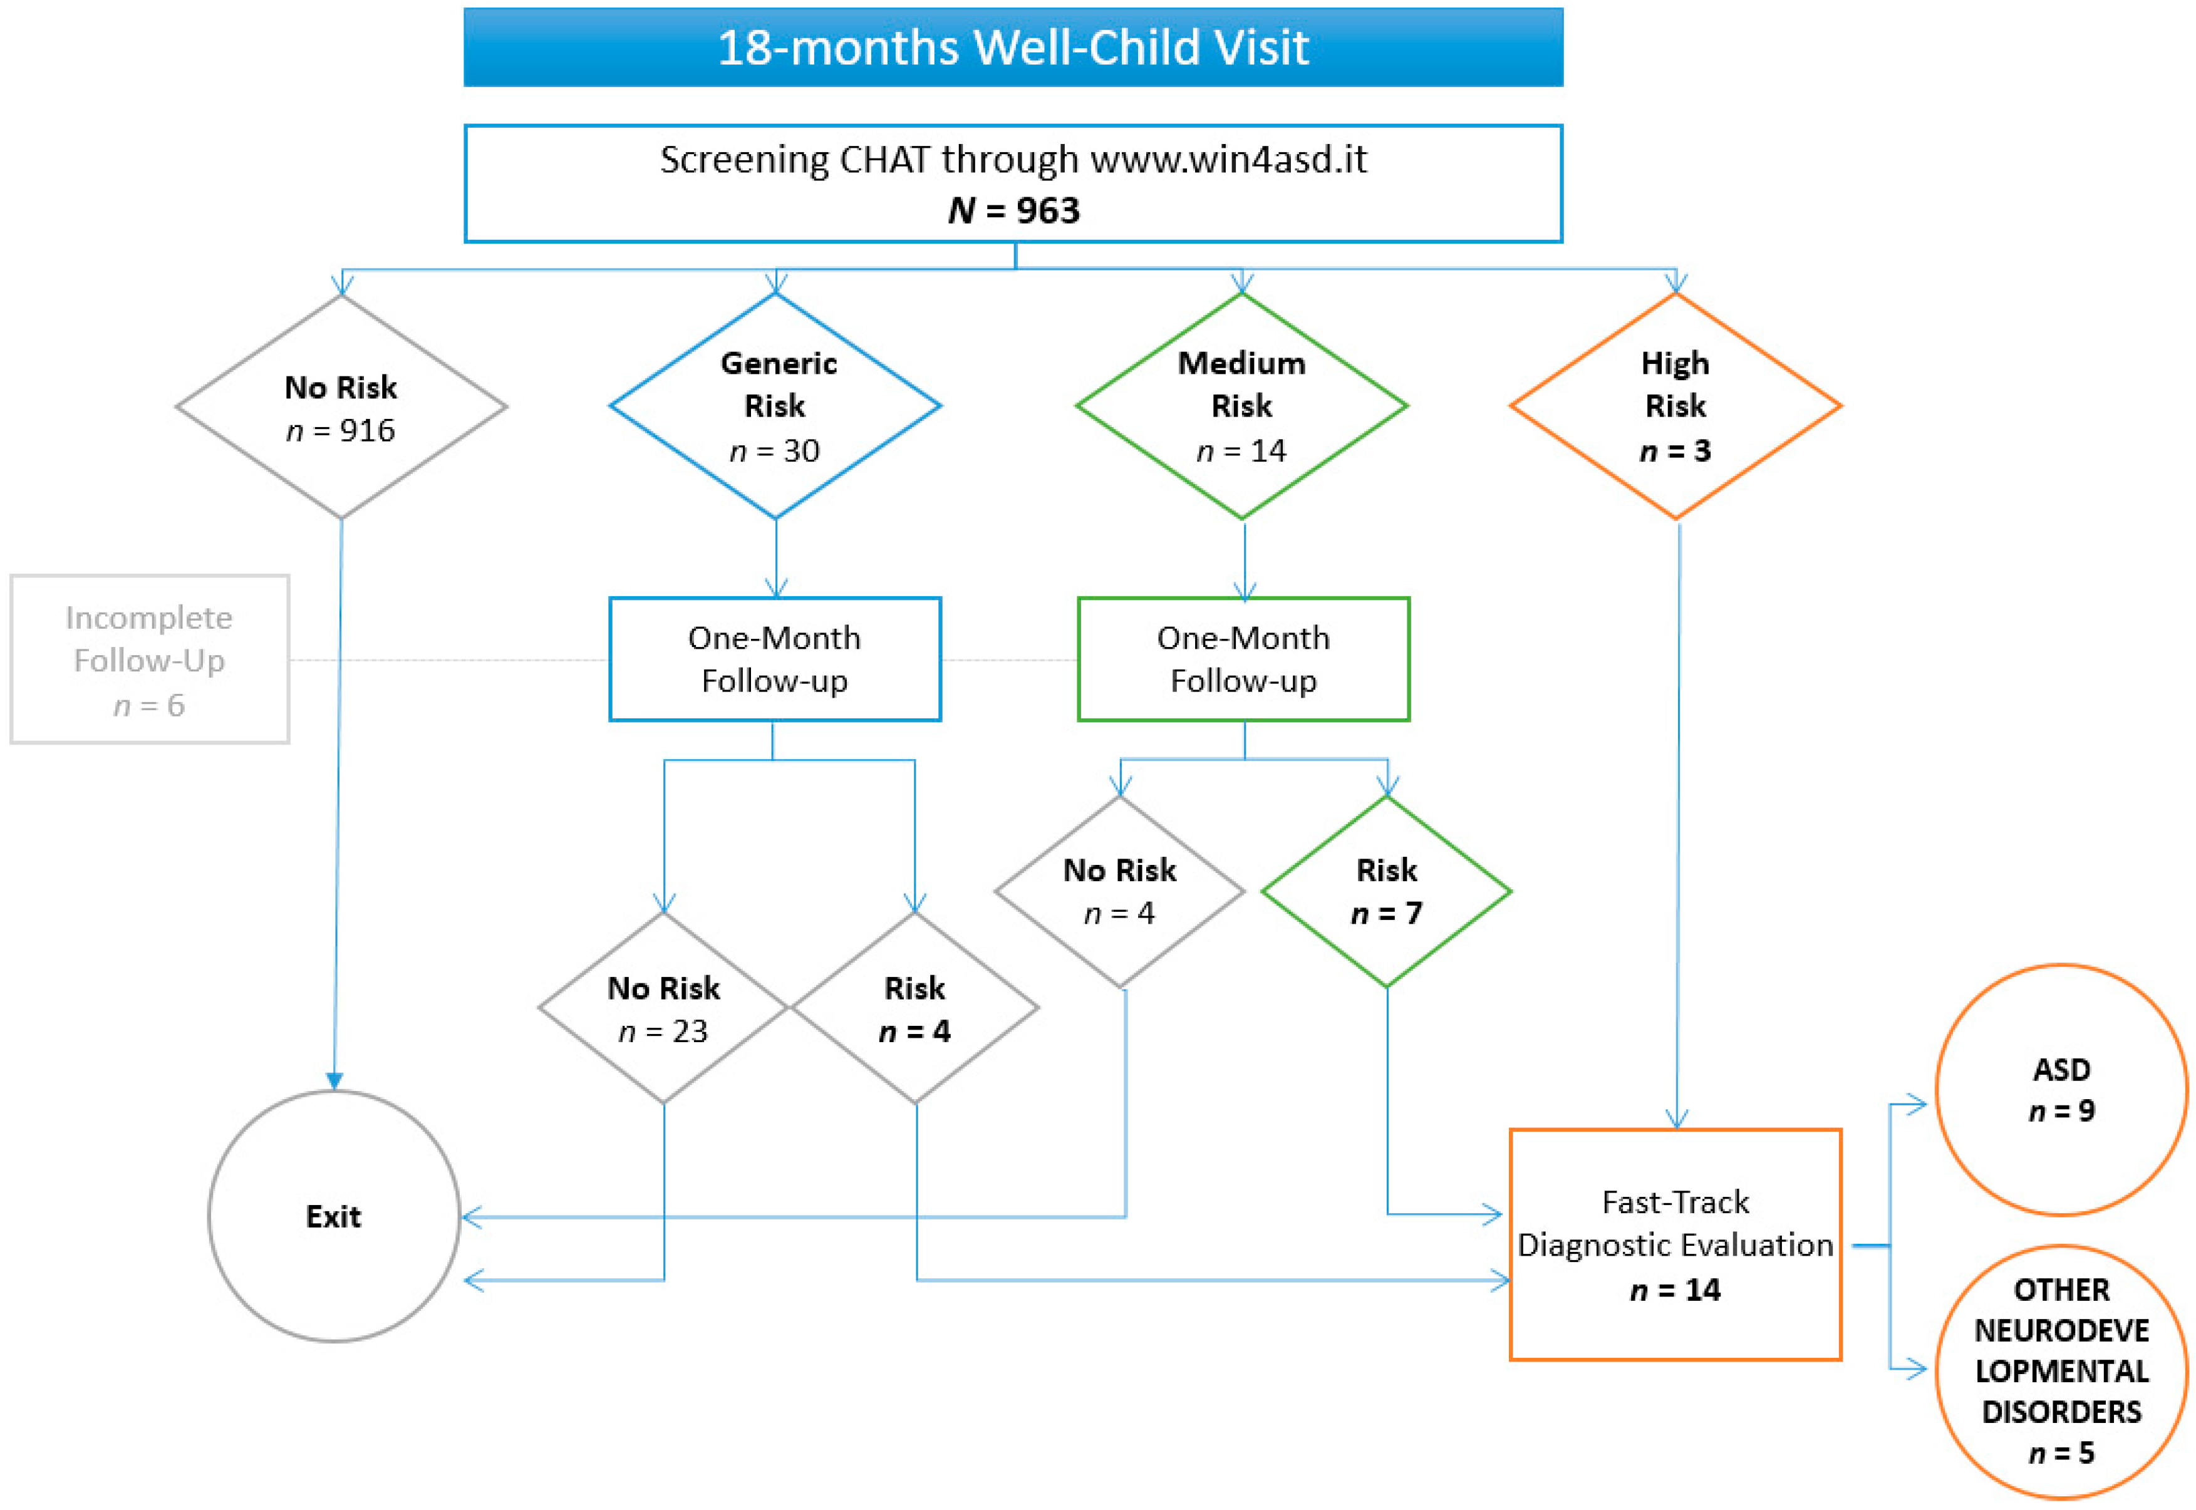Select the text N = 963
coord(1013,210)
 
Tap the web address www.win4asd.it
coord(1228,160)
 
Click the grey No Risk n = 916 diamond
coord(341,408)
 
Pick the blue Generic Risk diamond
coord(775,407)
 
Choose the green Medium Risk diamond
coord(1241,407)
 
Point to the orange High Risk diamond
coord(1675,407)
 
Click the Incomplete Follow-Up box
coord(150,659)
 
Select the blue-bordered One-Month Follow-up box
coord(775,659)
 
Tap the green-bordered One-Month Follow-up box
coord(1243,659)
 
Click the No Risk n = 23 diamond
coord(663,1008)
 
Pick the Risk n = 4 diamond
coord(914,1008)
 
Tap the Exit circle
coord(334,1217)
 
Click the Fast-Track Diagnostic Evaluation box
coord(1675,1245)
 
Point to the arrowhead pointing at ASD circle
coord(1916,1104)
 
